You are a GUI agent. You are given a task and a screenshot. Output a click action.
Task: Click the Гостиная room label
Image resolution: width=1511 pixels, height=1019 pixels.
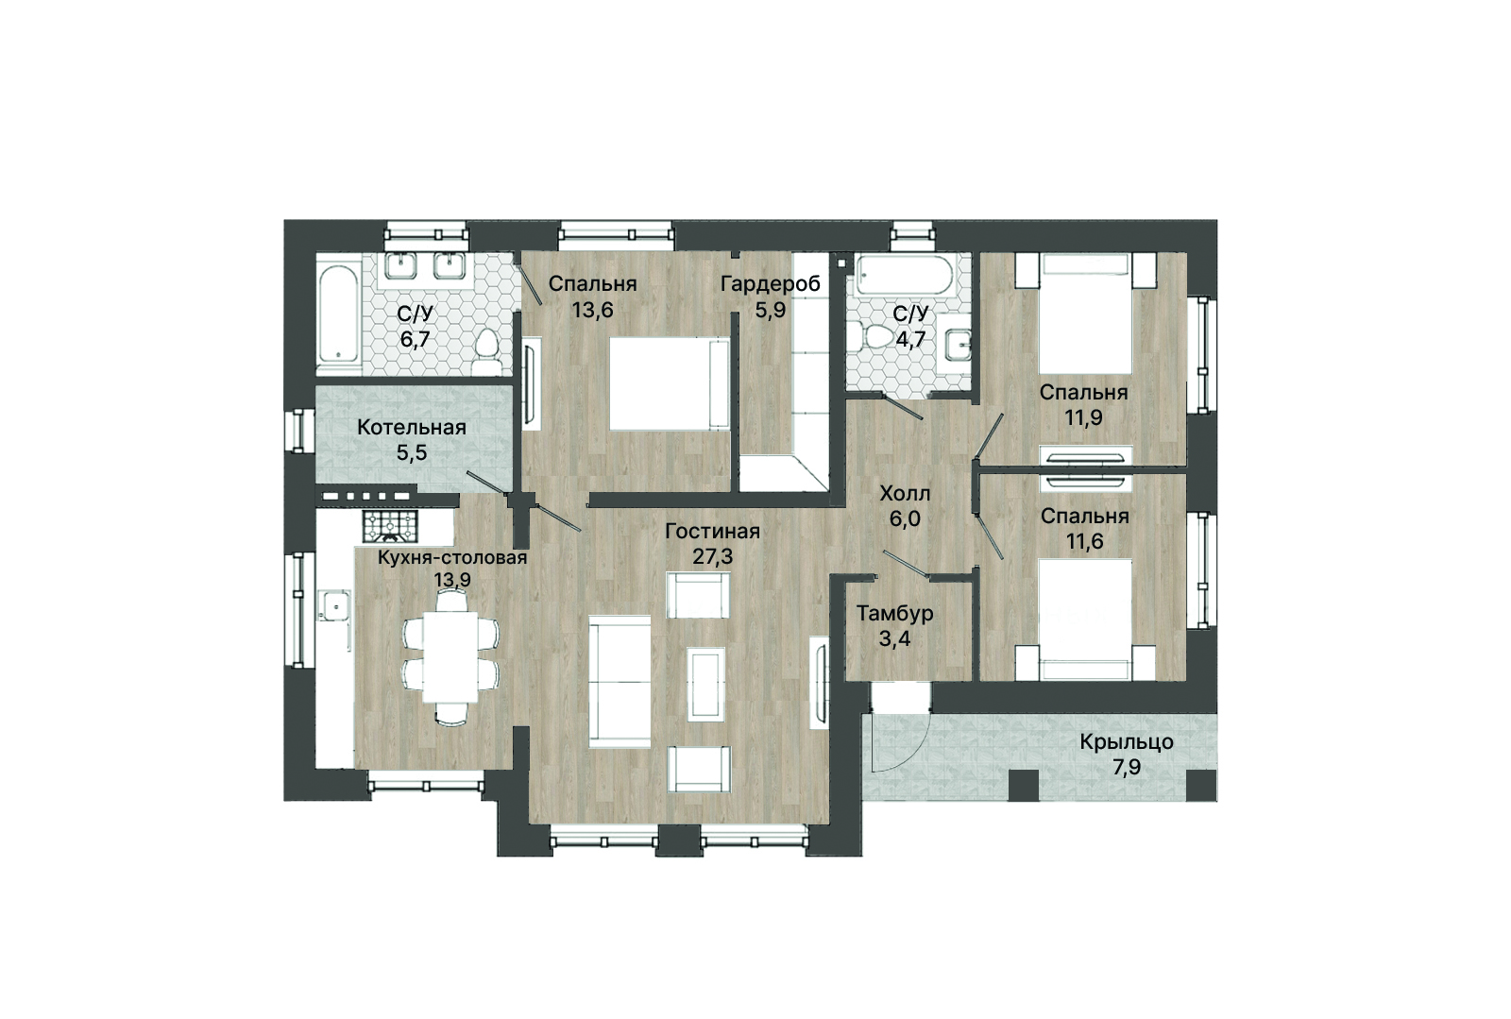click(712, 532)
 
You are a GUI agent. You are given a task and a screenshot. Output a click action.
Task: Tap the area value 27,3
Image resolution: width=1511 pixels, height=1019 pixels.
click(712, 556)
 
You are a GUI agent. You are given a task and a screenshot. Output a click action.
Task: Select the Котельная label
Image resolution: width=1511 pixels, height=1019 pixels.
click(412, 428)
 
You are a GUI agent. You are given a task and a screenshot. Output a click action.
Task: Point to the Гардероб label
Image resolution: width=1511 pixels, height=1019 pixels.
click(771, 284)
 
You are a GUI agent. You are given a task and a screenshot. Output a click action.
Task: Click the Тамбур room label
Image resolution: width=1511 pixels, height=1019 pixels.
click(895, 614)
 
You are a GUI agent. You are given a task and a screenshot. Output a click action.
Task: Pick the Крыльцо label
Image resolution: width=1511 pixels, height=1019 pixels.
click(1127, 742)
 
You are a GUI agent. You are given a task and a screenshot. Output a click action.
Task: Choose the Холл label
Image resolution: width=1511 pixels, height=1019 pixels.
click(905, 494)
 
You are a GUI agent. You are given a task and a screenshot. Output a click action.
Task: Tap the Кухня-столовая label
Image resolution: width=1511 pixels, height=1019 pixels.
click(452, 558)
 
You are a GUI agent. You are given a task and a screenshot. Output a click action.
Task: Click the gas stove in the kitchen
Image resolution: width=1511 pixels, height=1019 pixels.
click(390, 526)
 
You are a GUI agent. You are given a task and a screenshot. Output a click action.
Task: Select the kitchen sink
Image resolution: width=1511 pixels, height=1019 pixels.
click(334, 605)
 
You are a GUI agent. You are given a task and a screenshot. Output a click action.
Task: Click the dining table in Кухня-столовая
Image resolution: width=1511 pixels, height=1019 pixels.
click(450, 657)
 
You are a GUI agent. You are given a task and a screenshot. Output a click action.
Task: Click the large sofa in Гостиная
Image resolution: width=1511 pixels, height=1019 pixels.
click(620, 682)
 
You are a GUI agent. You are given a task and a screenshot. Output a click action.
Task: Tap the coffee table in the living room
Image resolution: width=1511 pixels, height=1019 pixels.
click(706, 684)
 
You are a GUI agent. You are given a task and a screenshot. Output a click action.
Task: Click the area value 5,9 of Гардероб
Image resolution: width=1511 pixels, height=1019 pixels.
click(771, 310)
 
